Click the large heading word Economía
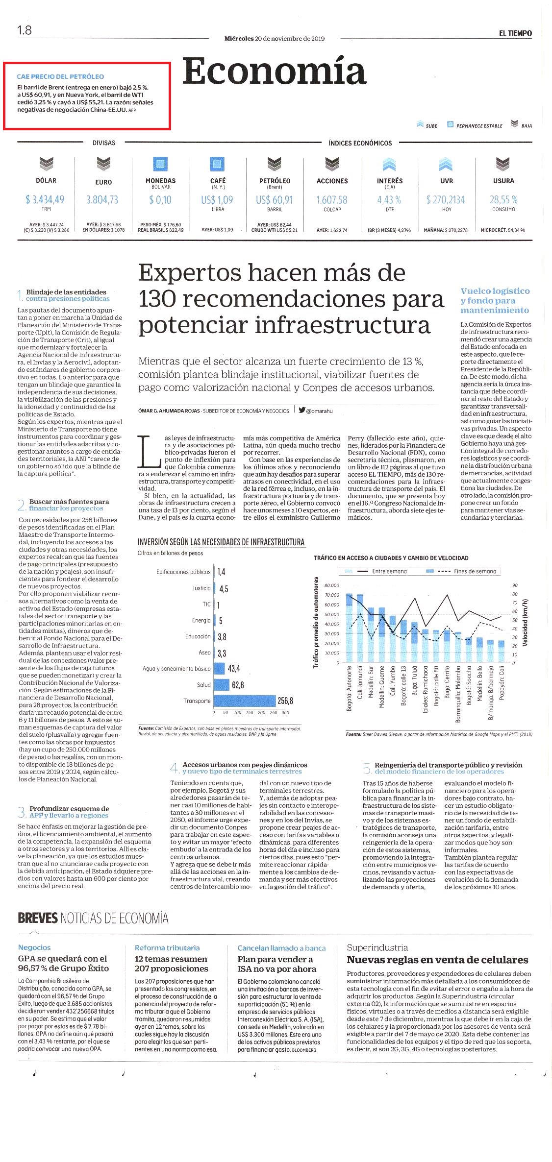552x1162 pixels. tap(275, 72)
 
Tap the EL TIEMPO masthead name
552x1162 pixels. tap(515, 33)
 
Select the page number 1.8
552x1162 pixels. tap(25, 30)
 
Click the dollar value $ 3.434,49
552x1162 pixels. tap(45, 199)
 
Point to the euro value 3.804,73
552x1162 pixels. tap(102, 199)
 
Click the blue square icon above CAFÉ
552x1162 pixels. tap(217, 164)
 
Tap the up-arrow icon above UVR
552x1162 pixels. tap(446, 164)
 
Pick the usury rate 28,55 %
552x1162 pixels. tap(503, 199)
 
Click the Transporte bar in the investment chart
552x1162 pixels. tap(245, 701)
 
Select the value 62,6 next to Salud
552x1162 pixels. tap(238, 685)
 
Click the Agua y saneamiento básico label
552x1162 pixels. tap(176, 669)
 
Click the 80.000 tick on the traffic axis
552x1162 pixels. tap(332, 585)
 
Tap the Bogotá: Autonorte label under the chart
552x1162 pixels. tap(350, 688)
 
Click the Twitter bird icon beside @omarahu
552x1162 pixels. tap(302, 411)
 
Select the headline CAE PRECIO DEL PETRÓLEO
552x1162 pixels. tap(60, 76)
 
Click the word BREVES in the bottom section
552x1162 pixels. tap(38, 918)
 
